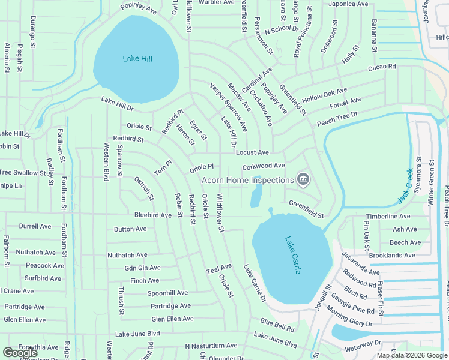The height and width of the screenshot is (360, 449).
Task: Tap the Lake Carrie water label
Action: [292, 255]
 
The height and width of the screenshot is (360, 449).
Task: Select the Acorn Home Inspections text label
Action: [247, 179]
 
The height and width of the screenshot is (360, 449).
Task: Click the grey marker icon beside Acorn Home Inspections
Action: [304, 179]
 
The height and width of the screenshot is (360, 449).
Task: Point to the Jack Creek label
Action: [406, 185]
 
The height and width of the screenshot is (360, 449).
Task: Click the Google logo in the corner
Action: [20, 353]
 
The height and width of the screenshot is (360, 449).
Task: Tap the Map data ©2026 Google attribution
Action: [412, 355]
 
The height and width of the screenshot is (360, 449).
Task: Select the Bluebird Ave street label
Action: [153, 215]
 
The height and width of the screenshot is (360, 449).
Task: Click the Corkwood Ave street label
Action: [263, 166]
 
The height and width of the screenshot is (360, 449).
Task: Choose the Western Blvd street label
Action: [106, 161]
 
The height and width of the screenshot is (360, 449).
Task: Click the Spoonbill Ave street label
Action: [168, 293]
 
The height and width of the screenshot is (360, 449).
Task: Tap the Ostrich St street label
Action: [143, 188]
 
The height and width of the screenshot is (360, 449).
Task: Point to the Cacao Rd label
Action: [382, 67]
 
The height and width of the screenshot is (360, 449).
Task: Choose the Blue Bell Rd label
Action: [277, 325]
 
